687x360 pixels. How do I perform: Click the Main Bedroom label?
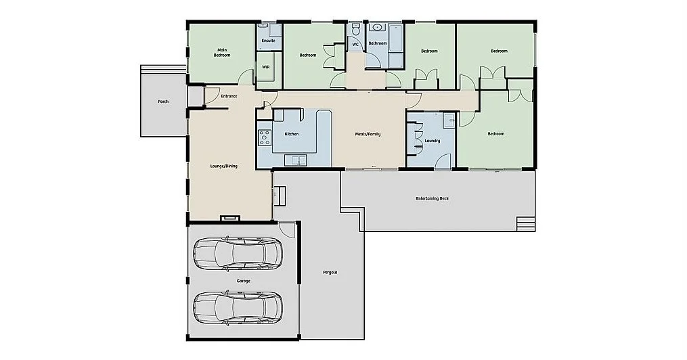click(x=222, y=52)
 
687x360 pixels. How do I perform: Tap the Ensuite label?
click(x=268, y=41)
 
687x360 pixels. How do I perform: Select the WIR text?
click(x=266, y=67)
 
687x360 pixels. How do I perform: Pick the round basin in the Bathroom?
click(x=377, y=28)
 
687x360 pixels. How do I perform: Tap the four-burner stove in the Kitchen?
click(x=263, y=137)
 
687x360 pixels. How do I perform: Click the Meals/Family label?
click(x=368, y=134)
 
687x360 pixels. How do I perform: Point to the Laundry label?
click(x=432, y=141)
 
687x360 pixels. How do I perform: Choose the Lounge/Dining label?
click(x=223, y=166)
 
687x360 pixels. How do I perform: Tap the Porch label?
click(x=162, y=102)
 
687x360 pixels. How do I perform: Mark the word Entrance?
click(x=229, y=96)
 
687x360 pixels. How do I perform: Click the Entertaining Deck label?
click(x=432, y=198)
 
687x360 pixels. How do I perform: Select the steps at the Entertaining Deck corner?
click(x=525, y=223)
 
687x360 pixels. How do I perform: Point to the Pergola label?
click(x=330, y=272)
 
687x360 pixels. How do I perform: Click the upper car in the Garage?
click(x=237, y=252)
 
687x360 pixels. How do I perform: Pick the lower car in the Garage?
click(x=237, y=307)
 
